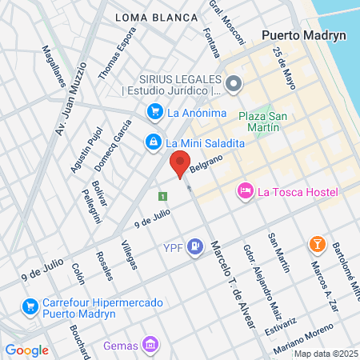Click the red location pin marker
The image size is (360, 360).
pos(180,162)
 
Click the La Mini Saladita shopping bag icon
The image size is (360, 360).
pos(152,142)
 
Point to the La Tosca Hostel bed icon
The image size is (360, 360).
pos(245,190)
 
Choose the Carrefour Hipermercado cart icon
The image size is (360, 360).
pos(31,305)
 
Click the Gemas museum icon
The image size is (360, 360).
pos(150,346)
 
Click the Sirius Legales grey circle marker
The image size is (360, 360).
pos(234,83)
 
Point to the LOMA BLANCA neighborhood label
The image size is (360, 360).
pos(156,17)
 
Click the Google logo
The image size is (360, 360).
pos(26,350)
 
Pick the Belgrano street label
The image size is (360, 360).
pos(205,162)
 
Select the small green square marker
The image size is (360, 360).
pos(162,196)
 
